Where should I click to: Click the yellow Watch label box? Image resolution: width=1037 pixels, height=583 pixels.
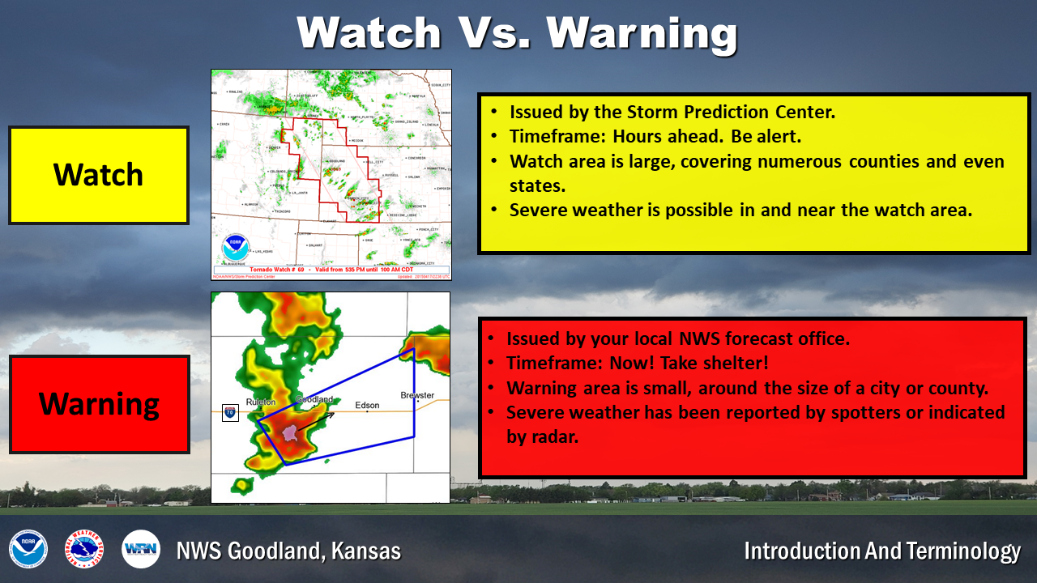point(98,175)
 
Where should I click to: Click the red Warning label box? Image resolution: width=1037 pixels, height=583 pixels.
point(99,404)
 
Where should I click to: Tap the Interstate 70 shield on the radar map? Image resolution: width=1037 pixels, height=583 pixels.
point(230,413)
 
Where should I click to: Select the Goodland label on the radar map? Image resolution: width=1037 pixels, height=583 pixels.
point(314,399)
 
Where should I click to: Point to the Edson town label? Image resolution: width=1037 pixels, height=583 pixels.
point(367,404)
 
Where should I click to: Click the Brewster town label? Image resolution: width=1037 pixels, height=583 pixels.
point(417,395)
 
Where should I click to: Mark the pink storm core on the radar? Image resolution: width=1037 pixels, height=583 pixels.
point(289,433)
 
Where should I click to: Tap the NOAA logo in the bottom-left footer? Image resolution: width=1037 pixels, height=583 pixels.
point(28,550)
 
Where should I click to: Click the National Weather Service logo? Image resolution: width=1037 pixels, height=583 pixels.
point(84,550)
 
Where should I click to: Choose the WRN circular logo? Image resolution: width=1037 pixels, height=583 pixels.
point(141,550)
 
